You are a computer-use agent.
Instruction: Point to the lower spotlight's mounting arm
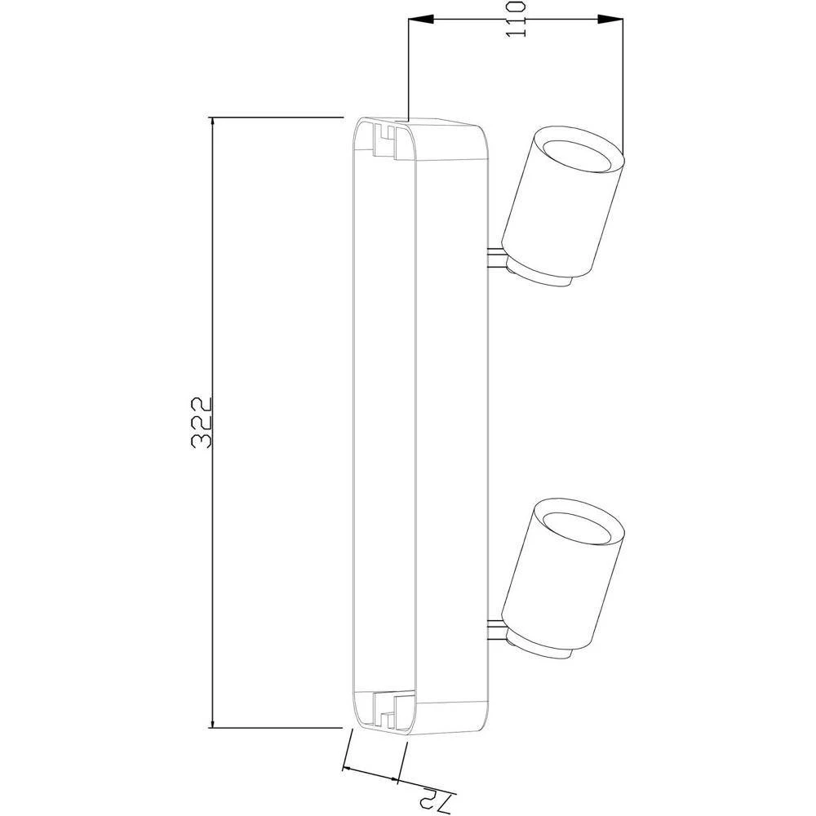[494, 629]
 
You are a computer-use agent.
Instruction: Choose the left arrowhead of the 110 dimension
[416, 20]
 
